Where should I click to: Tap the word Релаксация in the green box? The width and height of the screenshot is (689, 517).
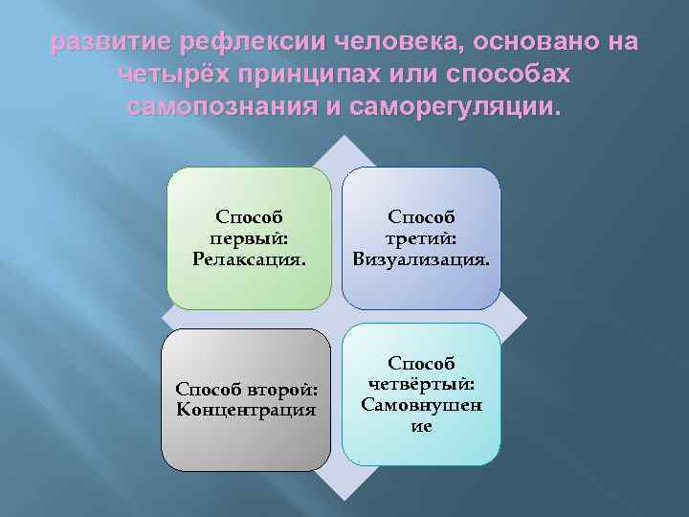249,257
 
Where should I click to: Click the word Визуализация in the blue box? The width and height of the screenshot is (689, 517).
421,257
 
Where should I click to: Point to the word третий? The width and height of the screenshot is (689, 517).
421,237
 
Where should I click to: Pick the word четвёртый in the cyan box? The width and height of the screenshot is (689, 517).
421,385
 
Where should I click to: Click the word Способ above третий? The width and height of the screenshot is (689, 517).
421,218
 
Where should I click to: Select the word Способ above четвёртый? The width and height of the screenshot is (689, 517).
421,365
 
